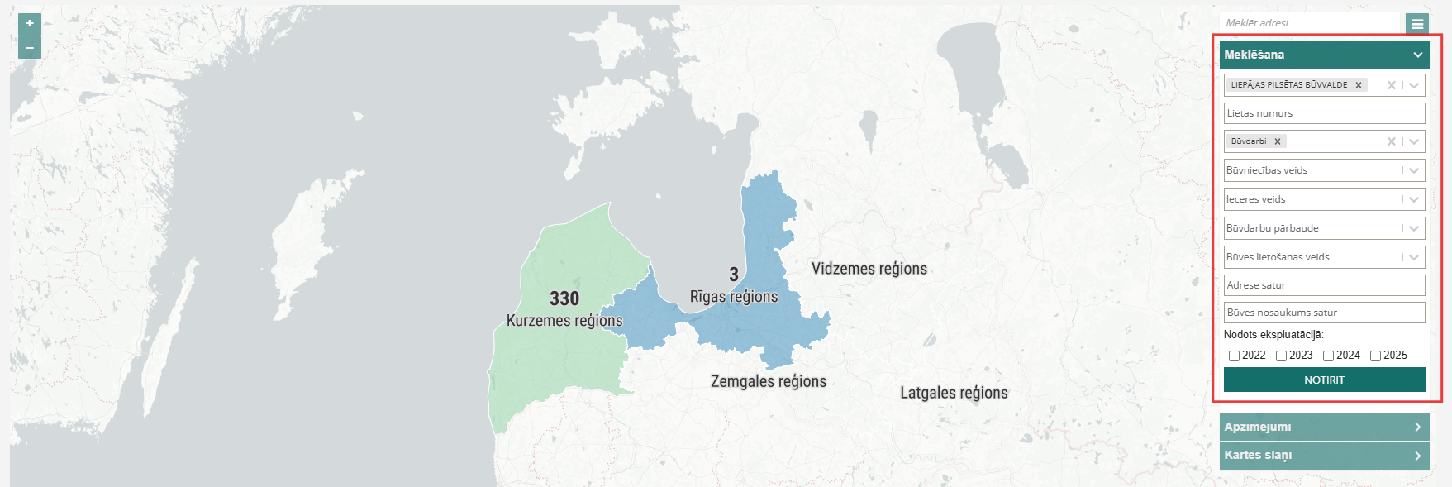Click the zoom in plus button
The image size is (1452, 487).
[x=30, y=24]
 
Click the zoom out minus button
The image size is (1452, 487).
[x=30, y=48]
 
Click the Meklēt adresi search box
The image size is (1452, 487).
[x=1309, y=23]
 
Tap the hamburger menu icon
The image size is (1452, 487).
[x=1417, y=24]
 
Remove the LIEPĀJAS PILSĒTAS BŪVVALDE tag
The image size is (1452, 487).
[x=1359, y=85]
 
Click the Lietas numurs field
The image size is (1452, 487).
[x=1324, y=113]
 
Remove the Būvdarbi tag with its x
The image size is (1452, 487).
[x=1278, y=141]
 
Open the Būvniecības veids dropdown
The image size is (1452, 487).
[x=1324, y=170]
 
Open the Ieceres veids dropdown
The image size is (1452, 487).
[x=1324, y=199]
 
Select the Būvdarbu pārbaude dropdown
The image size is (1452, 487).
[x=1324, y=228]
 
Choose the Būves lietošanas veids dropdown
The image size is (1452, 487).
[x=1324, y=257]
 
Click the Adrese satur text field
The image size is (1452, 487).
[x=1324, y=285]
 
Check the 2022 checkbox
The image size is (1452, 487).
[x=1234, y=356]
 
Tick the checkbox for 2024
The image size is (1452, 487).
[x=1328, y=356]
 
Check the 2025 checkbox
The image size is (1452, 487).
[x=1375, y=356]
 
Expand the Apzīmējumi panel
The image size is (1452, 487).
[x=1324, y=427]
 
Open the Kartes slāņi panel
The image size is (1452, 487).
[x=1324, y=455]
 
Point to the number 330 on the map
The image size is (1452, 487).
[x=564, y=298]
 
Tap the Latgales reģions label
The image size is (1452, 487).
[x=954, y=393]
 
